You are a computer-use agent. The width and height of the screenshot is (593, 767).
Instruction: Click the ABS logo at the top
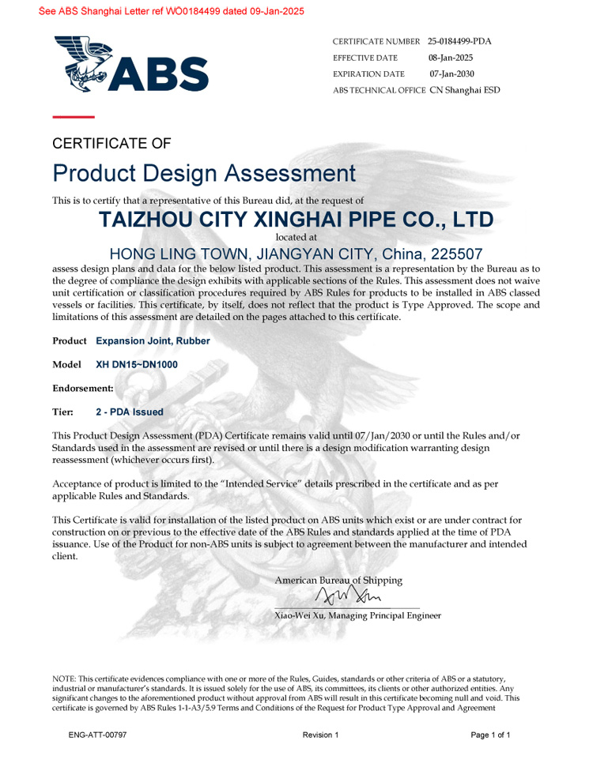(x=131, y=64)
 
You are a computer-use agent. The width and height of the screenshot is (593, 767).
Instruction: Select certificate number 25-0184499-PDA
(x=459, y=41)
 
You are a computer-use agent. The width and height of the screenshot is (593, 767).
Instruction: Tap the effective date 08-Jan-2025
(x=451, y=58)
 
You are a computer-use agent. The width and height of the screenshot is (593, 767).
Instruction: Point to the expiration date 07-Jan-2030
(x=451, y=73)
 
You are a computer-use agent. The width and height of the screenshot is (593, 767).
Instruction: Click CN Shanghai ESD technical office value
(x=465, y=90)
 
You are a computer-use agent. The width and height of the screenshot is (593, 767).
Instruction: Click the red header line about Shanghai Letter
(x=160, y=11)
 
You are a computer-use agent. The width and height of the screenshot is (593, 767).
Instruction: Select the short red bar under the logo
(x=73, y=117)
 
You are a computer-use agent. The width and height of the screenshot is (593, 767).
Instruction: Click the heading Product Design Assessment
(x=204, y=173)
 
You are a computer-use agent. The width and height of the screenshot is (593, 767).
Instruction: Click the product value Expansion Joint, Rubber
(x=153, y=341)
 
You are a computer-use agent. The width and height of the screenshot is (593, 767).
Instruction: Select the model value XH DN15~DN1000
(x=137, y=365)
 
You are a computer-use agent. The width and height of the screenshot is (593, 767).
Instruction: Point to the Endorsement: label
(x=82, y=389)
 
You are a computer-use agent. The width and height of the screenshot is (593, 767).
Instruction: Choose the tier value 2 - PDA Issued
(x=130, y=412)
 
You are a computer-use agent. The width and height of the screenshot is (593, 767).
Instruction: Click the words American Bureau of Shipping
(x=338, y=581)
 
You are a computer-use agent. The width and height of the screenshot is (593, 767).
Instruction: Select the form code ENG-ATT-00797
(x=97, y=735)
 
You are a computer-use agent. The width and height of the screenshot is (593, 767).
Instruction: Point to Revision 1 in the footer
(x=320, y=735)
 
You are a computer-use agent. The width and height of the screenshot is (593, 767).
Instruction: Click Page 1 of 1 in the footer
(x=490, y=735)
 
